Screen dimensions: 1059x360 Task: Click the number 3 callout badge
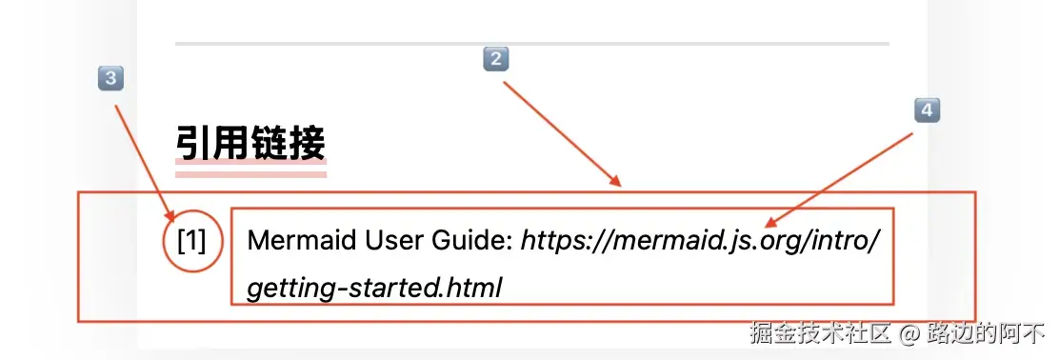(111, 78)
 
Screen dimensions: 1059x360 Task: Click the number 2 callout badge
(495, 60)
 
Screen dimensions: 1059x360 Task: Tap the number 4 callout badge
(927, 110)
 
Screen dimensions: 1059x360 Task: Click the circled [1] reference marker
(191, 241)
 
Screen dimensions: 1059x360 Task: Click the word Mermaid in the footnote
(290, 240)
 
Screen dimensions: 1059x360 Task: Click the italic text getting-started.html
(374, 286)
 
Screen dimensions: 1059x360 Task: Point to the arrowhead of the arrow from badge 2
(617, 183)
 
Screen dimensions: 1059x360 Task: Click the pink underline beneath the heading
(250, 172)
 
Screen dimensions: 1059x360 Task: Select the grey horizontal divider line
(531, 44)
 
